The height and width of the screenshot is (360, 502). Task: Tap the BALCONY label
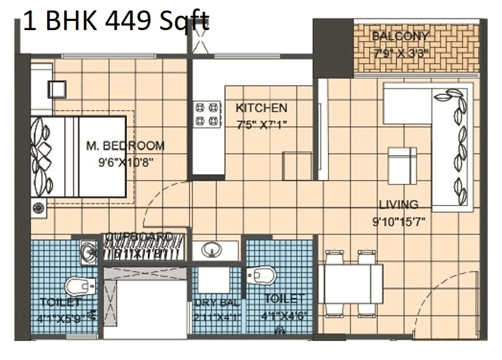click(x=400, y=36)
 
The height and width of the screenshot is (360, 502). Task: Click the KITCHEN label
click(x=261, y=108)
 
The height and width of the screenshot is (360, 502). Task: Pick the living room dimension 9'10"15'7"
click(x=399, y=222)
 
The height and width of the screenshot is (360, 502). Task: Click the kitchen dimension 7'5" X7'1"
click(x=262, y=124)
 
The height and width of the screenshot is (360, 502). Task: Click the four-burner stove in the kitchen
click(x=207, y=114)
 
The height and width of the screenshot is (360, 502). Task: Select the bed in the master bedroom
click(x=79, y=156)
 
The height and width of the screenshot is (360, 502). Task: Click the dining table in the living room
click(x=351, y=283)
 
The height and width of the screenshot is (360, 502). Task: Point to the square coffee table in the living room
click(x=402, y=165)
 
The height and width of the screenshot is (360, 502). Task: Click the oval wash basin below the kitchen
click(x=211, y=250)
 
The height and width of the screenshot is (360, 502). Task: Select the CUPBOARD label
click(x=139, y=236)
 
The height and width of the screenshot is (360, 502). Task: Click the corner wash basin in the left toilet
click(x=88, y=251)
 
